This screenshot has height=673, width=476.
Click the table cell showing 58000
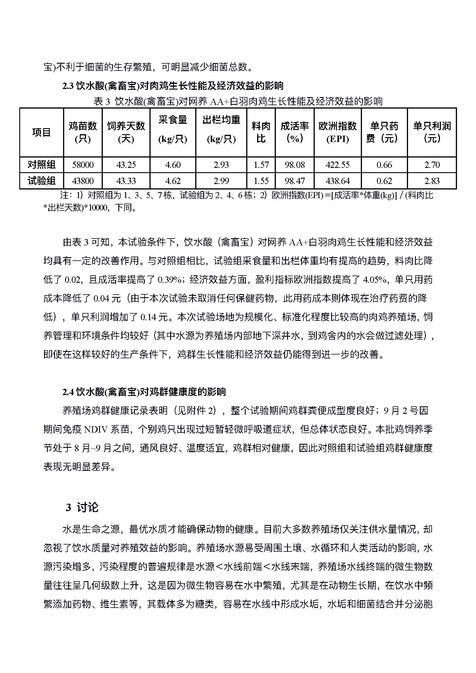[83, 165]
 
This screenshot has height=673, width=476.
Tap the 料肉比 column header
[261, 132]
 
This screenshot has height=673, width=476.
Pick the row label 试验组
[41, 181]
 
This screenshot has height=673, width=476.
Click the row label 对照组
[41, 165]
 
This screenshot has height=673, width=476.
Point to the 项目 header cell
[41, 132]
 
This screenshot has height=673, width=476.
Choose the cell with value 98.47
[295, 181]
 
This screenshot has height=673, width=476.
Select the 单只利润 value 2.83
[432, 181]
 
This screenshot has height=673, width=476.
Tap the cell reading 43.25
[126, 165]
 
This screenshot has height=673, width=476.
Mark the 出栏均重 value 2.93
[221, 165]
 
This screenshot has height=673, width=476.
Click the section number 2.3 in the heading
[68, 86]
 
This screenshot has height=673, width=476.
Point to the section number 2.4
[68, 392]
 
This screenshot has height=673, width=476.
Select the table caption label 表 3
[101, 102]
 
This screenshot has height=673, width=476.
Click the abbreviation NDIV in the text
[95, 430]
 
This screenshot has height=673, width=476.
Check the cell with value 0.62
[384, 181]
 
